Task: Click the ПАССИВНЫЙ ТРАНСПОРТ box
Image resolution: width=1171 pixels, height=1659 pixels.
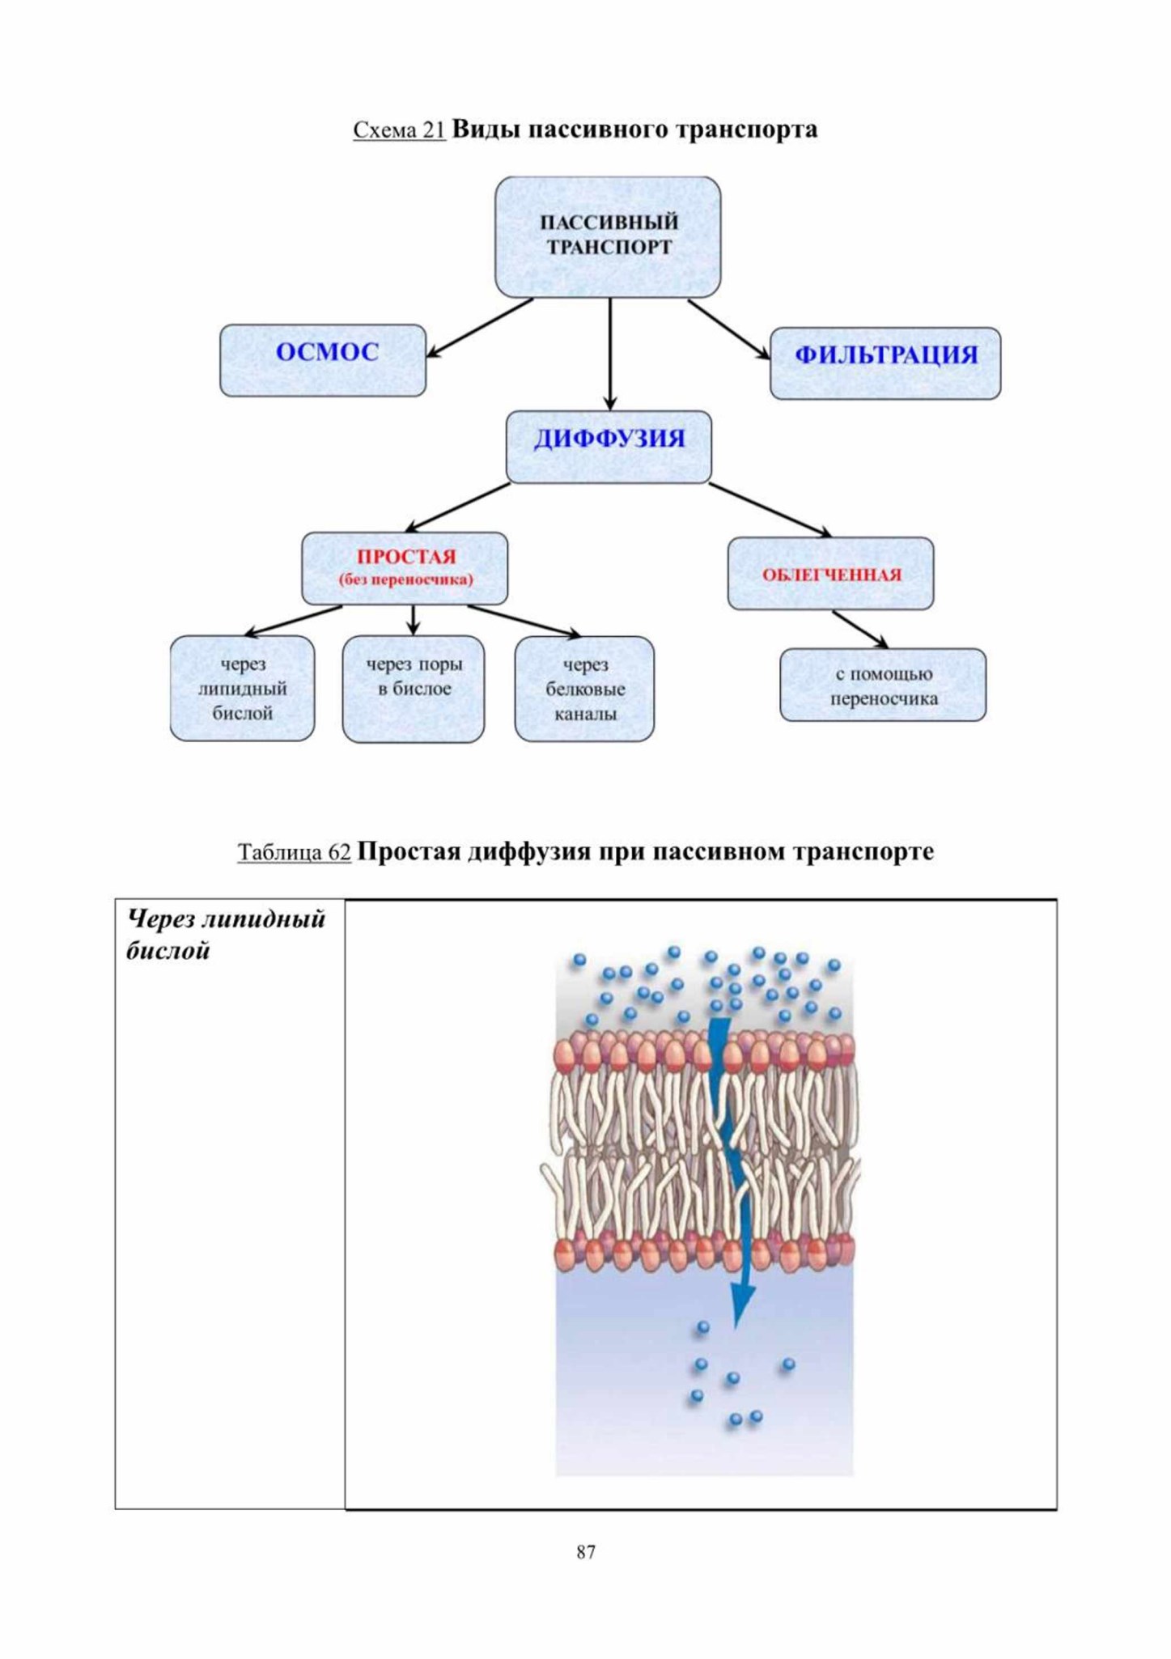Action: click(608, 236)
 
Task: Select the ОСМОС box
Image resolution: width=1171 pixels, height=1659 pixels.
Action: click(323, 360)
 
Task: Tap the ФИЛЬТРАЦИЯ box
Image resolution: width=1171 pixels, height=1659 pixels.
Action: click(885, 363)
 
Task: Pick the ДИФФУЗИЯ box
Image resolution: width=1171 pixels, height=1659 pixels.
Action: click(609, 447)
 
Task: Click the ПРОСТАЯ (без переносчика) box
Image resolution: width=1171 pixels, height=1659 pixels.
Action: click(405, 568)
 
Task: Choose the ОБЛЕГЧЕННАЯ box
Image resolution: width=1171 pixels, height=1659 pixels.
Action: click(830, 573)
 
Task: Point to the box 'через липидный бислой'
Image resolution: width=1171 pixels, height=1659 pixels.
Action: click(242, 688)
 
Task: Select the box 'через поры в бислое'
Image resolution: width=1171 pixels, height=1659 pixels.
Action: click(414, 689)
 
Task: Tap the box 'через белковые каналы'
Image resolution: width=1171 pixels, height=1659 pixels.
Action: click(584, 689)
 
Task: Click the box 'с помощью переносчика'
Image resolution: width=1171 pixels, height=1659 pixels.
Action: click(883, 685)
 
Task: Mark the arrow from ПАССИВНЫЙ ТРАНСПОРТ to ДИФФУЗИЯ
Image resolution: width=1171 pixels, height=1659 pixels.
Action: click(610, 354)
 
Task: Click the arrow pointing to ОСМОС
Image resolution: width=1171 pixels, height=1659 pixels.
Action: click(479, 328)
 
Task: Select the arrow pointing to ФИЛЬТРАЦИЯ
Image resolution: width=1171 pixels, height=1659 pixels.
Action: click(729, 329)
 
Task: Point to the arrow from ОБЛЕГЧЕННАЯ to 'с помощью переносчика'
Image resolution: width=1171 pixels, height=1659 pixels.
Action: click(860, 629)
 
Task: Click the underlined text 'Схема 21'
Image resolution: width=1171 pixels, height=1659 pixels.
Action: click(399, 130)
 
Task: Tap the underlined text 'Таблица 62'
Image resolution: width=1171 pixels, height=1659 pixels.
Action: click(294, 852)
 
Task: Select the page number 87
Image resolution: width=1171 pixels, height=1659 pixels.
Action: click(586, 1551)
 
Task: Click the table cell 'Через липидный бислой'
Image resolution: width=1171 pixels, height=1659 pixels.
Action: click(230, 1203)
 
